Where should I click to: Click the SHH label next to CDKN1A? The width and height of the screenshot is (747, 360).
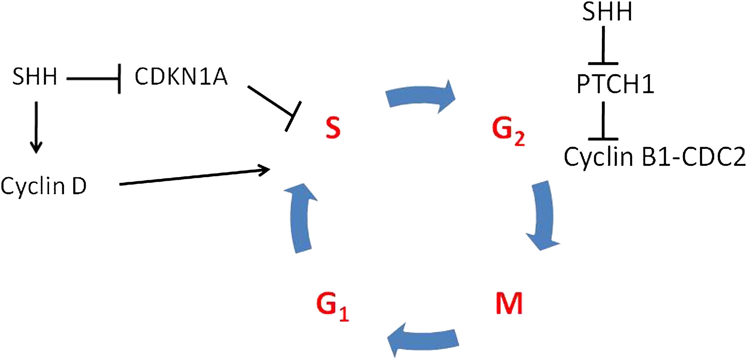coord(34,77)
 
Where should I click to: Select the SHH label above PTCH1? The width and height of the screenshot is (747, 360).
coord(607,12)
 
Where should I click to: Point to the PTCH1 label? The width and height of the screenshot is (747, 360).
coord(615,84)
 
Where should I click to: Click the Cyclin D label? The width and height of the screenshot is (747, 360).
coord(43,186)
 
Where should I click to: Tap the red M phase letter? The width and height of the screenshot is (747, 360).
coord(509,303)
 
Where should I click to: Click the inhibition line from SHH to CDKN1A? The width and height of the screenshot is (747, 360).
coord(93,79)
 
